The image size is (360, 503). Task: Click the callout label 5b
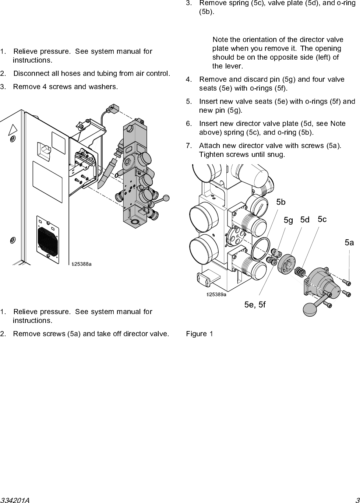281,202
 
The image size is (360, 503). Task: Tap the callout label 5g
288,221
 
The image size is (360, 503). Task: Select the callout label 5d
305,220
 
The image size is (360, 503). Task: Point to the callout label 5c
322,219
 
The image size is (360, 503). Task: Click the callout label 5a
349,243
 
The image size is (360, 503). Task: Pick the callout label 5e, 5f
255,305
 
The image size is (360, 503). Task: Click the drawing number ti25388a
81,264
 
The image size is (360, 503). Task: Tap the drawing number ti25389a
216,294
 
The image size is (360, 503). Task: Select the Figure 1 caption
199,334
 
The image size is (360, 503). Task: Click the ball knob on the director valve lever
310,310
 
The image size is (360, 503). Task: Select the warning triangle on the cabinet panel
13,130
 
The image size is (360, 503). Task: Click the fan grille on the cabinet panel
48,239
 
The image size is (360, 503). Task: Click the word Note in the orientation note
220,40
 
